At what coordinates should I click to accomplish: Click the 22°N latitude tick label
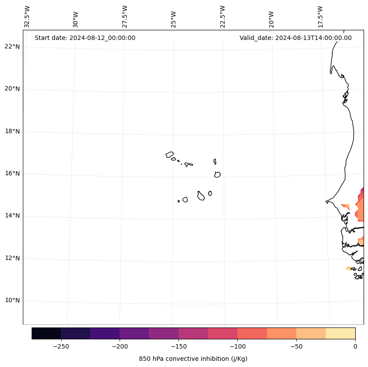pos(12,47)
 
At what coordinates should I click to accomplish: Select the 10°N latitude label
pos(12,301)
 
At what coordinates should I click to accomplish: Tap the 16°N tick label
pos(12,173)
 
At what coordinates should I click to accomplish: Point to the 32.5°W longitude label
pos(27,17)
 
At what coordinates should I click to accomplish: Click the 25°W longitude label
pos(174,19)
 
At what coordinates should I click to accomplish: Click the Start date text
pos(85,38)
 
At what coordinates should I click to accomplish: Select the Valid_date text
pos(295,38)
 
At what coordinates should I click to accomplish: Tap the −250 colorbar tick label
pos(61,346)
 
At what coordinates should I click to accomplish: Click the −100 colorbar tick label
pos(237,346)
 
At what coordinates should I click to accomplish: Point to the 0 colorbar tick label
pos(355,346)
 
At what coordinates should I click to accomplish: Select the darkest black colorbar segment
pos(46,333)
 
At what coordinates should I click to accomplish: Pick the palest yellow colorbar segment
pos(340,333)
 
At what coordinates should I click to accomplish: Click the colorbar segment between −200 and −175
pos(134,333)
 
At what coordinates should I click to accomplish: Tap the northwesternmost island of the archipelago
pos(170,155)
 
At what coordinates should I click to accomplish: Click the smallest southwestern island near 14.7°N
pos(179,201)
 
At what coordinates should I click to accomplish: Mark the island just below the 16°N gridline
pos(217,175)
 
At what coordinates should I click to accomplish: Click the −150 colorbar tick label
pos(179,346)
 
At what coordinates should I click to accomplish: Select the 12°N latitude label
pos(12,258)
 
